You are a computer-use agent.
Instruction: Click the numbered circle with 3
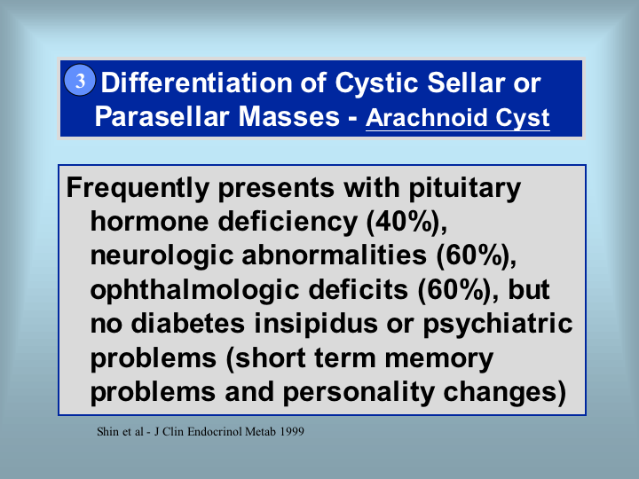pos(80,80)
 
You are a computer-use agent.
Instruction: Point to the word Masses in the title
pos(288,116)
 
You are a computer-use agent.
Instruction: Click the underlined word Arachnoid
pos(426,118)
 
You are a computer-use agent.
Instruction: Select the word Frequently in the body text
pos(138,189)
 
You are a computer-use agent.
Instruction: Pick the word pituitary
pos(464,189)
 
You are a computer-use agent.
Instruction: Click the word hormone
pos(150,222)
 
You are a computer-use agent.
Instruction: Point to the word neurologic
pos(162,256)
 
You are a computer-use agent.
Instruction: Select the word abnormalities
pos(335,255)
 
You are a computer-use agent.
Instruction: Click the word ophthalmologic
pos(194,291)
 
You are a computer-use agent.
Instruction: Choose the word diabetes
pos(188,324)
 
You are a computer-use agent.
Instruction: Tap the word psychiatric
pos(497,325)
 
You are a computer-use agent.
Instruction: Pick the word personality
pos(359,393)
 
